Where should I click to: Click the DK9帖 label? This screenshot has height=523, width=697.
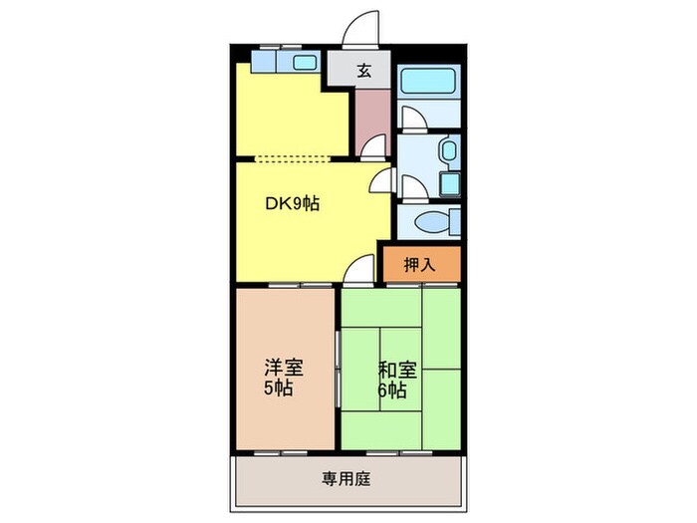point(292,203)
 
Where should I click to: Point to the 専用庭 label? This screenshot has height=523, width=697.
point(346,479)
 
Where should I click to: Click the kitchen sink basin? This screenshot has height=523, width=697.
point(304,63)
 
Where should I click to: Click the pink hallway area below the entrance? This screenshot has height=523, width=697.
point(373,115)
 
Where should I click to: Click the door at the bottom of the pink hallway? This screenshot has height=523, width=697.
point(371,147)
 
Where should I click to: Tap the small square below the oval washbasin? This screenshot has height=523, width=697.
point(449,183)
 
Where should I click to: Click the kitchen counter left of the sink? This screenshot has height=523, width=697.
point(266,63)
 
